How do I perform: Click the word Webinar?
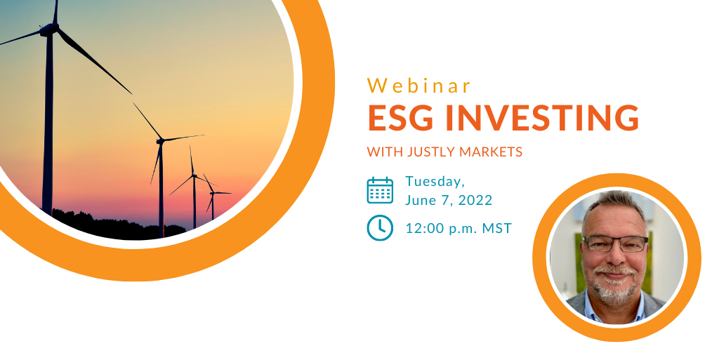pos(419,86)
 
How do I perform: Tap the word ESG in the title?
pos(400,118)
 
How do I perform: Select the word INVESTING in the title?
pos(542,118)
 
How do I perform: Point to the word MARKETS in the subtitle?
pos(489,152)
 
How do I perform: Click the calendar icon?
pos(380,190)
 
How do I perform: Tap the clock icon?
pos(380,227)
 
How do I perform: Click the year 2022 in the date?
pos(475,200)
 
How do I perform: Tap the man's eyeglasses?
pos(615,244)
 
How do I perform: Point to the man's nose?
pos(614,257)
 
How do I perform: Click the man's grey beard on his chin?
pos(614,289)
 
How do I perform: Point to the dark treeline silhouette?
pos(114,225)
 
